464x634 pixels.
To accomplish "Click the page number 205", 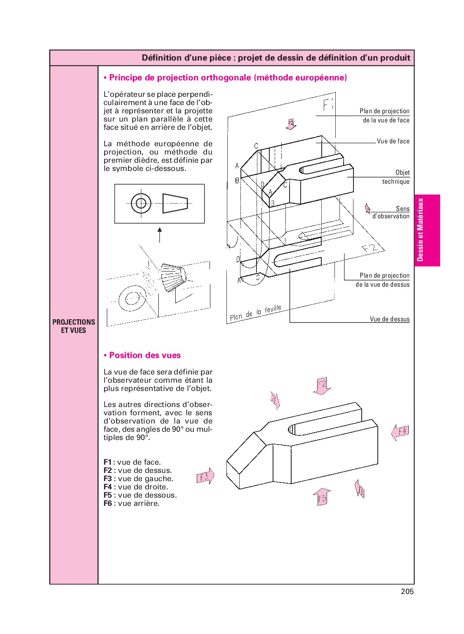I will coord(407,592).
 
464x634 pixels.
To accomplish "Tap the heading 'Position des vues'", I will coord(145,355).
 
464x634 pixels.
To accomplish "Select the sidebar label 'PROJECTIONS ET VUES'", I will coord(73,326).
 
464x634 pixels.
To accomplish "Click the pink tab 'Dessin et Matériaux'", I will coord(421,230).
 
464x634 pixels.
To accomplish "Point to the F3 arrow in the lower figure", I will coord(205,477).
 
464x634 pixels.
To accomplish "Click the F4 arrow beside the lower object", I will coord(400,432).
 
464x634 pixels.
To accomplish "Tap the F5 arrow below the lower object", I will coord(322,497).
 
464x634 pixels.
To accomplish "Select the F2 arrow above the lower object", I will coord(322,386).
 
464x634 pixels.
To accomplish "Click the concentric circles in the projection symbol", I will coord(141,203).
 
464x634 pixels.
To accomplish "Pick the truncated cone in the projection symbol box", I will coord(175,203).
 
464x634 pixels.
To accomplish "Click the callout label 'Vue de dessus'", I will coord(389,319).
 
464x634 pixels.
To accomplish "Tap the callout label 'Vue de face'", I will coord(393,141).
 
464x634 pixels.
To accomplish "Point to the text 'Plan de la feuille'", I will coord(255,313).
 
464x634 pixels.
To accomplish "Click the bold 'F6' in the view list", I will coord(108,503).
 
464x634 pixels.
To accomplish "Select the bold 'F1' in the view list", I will coord(107,462).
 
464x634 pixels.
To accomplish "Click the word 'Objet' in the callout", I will coord(403,173).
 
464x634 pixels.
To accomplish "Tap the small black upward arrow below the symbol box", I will coord(160,234).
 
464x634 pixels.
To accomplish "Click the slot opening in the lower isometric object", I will coord(292,430).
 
